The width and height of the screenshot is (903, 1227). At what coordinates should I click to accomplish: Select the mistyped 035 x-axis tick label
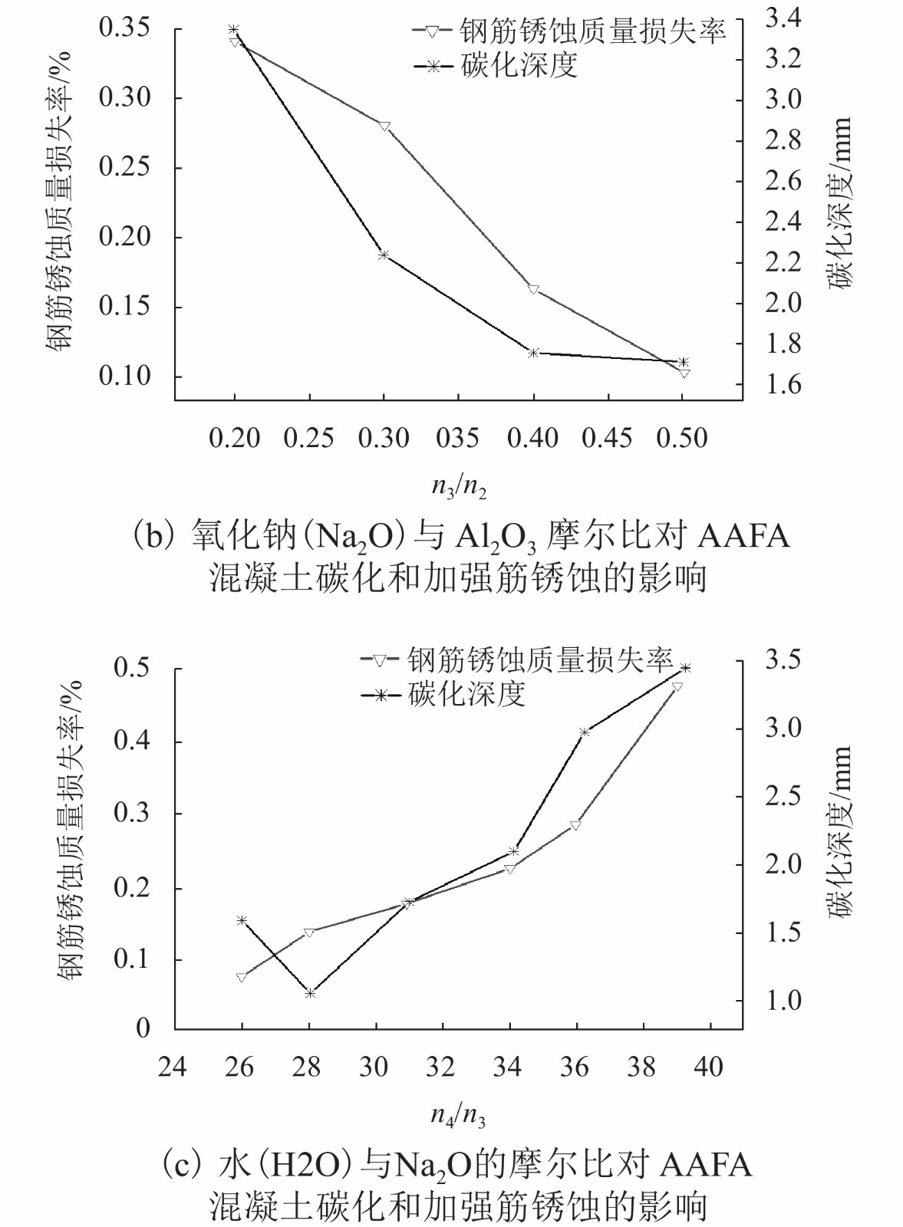[x=457, y=438]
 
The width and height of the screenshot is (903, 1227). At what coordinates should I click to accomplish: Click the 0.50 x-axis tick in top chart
[x=682, y=438]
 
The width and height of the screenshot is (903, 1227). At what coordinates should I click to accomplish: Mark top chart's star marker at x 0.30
[x=384, y=255]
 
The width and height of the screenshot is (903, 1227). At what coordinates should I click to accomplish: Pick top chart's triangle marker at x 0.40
[x=534, y=289]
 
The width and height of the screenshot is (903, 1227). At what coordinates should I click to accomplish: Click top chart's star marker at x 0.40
[x=534, y=353]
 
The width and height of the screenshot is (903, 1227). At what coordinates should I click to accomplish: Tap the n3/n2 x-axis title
[x=459, y=486]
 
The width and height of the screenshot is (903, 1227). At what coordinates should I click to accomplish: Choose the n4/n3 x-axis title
[x=458, y=1114]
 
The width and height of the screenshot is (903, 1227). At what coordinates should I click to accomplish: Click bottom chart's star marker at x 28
[x=310, y=994]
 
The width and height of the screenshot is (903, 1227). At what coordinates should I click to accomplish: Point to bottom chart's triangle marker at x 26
[x=242, y=978]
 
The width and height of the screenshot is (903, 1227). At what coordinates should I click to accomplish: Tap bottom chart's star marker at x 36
[x=585, y=732]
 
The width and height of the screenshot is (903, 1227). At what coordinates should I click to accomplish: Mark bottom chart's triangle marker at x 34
[x=509, y=869]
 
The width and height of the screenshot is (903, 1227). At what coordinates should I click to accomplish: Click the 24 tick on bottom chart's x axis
[x=173, y=1067]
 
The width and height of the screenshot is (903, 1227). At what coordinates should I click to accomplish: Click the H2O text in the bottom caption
[x=305, y=1165]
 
